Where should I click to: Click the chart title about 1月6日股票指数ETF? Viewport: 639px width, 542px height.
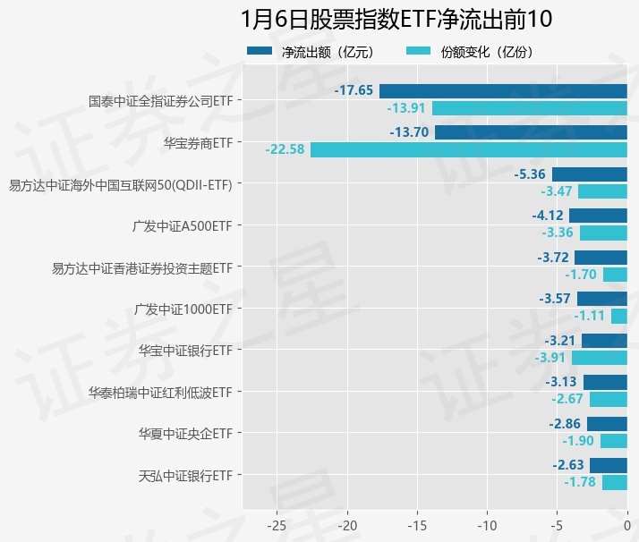coord(396,19)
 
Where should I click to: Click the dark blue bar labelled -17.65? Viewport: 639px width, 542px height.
coord(503,90)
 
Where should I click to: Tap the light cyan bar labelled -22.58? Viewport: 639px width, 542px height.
coord(469,149)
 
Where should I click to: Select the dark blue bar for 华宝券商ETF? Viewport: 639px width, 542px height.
coord(531,132)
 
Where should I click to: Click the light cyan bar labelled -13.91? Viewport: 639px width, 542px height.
coord(529,108)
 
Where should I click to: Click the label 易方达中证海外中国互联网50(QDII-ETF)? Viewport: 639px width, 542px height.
coord(120,185)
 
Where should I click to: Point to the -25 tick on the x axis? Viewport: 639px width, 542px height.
coord(277,523)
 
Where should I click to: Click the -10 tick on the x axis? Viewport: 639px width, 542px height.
coord(487,523)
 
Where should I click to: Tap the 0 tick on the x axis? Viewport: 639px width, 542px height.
coord(626,523)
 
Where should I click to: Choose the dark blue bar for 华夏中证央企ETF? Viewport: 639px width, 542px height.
coord(607,423)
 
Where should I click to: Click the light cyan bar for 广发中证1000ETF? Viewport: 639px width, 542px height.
coord(618,316)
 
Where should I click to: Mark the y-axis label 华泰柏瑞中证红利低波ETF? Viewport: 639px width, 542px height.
coord(160,393)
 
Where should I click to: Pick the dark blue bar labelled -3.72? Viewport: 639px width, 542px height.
coord(601,257)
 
